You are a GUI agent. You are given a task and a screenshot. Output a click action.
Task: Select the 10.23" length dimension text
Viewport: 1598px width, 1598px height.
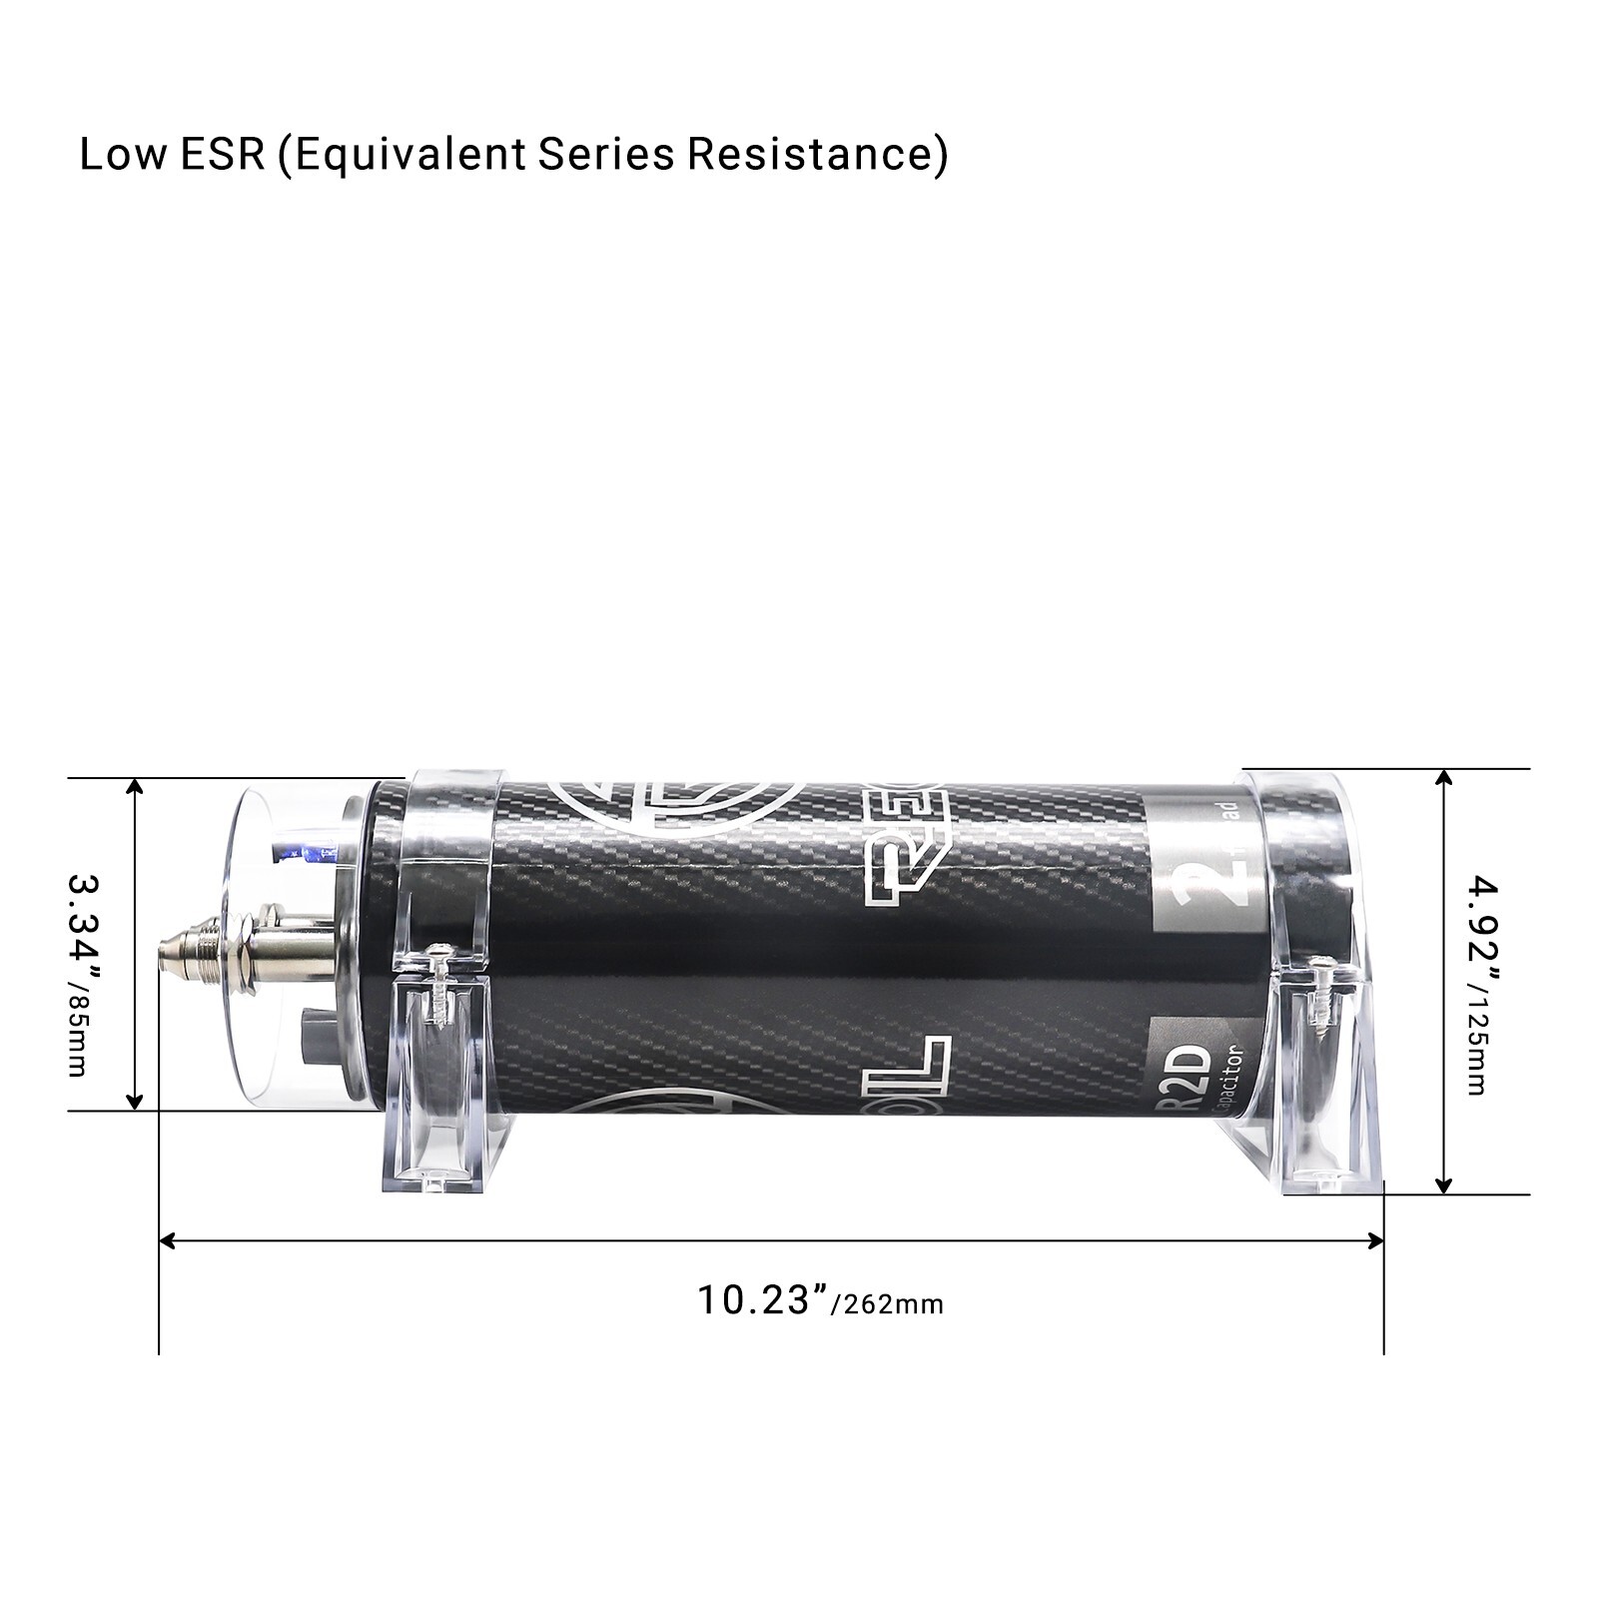tap(763, 1300)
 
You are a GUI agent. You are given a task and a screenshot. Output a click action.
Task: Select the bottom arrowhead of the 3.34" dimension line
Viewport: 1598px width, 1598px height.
tap(135, 1102)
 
